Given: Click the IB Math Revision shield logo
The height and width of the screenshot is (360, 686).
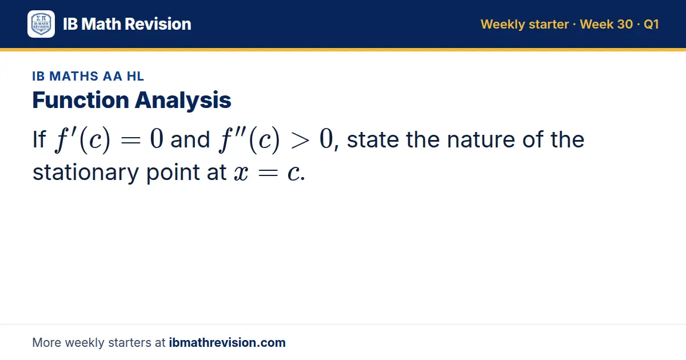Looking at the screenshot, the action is [x=41, y=24].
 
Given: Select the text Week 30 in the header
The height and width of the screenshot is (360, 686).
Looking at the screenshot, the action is [x=606, y=24].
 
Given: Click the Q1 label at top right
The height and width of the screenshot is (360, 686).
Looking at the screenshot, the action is [x=651, y=24].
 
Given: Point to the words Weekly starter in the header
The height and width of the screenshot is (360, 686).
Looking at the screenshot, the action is [x=525, y=25].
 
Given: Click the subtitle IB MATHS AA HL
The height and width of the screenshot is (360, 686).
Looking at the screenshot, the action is [x=88, y=76].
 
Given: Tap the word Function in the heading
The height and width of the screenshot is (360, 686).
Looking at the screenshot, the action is [x=81, y=100].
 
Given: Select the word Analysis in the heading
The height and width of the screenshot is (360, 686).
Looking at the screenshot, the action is [x=183, y=101].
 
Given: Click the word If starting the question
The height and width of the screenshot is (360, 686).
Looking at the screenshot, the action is [x=39, y=139].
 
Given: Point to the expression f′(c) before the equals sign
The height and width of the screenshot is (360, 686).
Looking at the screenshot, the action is [x=82, y=139].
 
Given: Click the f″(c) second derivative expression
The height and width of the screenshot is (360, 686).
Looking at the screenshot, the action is [x=249, y=139].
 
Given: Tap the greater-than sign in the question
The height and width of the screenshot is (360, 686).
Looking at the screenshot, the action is [x=300, y=141].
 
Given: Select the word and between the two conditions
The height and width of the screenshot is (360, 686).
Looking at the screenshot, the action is [x=190, y=140].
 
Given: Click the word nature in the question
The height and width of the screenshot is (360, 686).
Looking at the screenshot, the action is [x=481, y=139].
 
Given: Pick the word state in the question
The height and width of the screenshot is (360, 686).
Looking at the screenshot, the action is [x=373, y=140].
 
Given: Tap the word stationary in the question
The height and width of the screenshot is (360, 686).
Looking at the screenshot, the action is [x=86, y=173].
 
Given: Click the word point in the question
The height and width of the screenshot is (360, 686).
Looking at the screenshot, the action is [x=173, y=173].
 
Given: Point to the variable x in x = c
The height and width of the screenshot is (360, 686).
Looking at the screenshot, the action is [x=241, y=173].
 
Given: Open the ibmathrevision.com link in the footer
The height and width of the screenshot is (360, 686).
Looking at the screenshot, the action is [x=228, y=342].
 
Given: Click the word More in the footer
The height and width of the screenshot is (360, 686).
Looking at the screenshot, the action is [x=46, y=342].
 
